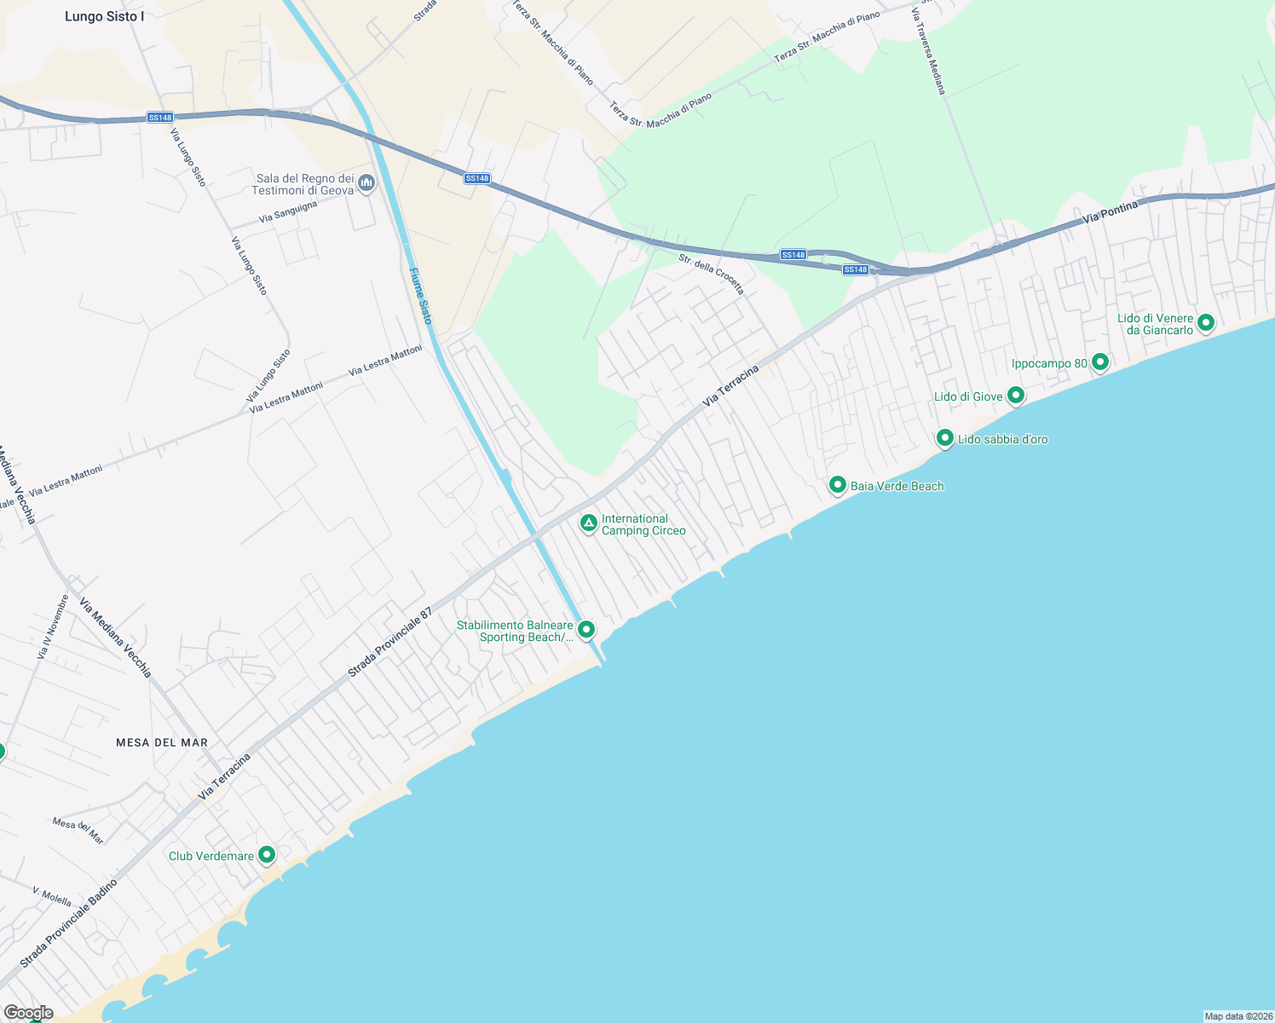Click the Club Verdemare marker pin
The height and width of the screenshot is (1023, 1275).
click(x=267, y=854)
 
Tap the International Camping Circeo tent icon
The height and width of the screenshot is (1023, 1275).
click(x=588, y=523)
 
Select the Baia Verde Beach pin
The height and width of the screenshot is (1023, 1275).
click(x=837, y=485)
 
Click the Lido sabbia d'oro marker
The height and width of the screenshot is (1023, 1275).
click(x=944, y=438)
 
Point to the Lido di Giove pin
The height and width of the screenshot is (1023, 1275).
click(x=1015, y=396)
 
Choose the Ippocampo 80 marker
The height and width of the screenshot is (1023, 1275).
click(x=1100, y=362)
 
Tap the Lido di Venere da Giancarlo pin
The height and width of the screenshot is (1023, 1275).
click(x=1205, y=322)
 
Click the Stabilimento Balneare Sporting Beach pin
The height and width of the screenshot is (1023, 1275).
click(x=586, y=630)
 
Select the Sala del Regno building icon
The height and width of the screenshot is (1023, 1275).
click(x=366, y=183)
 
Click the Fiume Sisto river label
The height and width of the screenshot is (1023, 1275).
click(x=421, y=296)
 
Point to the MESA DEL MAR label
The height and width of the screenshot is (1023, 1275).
click(x=162, y=743)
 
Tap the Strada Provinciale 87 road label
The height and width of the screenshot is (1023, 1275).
click(x=389, y=643)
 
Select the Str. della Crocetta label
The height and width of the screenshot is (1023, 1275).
click(x=711, y=274)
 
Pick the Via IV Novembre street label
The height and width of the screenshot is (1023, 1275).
click(x=52, y=627)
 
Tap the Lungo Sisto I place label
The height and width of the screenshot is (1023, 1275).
click(x=104, y=16)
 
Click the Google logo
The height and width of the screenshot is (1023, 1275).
click(x=28, y=1013)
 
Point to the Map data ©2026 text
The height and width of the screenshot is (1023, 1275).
click(x=1237, y=1016)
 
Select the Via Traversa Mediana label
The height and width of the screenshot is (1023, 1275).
click(x=928, y=51)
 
